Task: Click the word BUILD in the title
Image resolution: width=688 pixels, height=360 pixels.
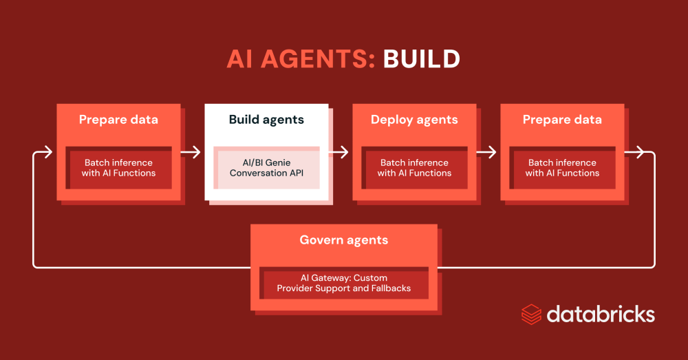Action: (421, 59)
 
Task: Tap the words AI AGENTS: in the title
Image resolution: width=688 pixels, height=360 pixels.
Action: (301, 59)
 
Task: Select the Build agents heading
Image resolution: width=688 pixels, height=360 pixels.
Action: (266, 120)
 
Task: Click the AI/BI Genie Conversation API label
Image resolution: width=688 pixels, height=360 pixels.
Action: (266, 168)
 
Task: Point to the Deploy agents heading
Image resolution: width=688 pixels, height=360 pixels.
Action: (414, 120)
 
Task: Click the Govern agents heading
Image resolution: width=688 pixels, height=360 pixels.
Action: (343, 240)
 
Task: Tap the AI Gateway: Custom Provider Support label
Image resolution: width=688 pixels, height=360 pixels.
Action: (343, 283)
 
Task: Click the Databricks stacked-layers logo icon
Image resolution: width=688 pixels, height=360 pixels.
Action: (531, 315)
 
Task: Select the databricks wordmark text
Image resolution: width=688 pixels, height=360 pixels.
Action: (601, 315)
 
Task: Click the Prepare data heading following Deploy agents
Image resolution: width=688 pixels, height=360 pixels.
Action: (562, 120)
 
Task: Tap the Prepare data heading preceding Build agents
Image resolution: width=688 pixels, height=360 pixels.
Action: (118, 120)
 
